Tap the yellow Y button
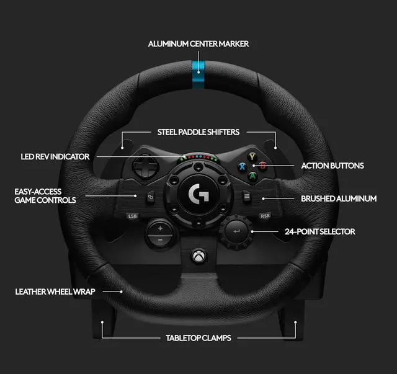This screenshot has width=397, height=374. (x=252, y=156)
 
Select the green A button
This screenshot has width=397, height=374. (x=252, y=176)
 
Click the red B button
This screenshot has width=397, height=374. (x=262, y=166)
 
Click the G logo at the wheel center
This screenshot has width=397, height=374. (x=198, y=193)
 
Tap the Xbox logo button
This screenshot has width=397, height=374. (x=198, y=255)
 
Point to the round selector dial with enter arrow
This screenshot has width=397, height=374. (x=236, y=231)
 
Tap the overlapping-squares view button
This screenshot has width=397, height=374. (x=150, y=199)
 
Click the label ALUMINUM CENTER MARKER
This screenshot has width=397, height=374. (x=198, y=44)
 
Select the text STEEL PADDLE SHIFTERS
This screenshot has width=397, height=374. (x=198, y=132)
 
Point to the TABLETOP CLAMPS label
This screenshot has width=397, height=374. (x=198, y=339)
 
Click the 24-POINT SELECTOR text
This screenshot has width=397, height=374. (x=320, y=231)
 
